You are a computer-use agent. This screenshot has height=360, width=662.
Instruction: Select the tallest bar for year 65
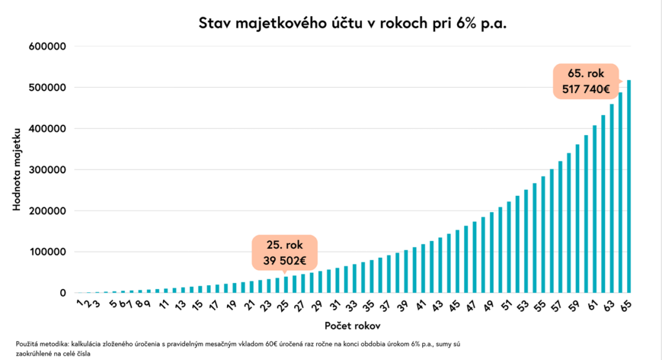629,187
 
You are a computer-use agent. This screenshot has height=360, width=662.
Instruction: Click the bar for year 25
286,285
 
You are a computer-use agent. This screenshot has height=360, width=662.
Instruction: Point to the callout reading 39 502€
286,252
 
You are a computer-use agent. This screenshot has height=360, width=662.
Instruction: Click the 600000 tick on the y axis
48,47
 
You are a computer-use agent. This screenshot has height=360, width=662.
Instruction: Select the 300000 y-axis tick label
48,170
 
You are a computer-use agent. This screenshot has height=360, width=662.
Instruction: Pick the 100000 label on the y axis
48,252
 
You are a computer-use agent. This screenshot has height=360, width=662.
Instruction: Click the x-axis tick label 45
455,304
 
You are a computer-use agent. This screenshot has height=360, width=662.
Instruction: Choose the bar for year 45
457,262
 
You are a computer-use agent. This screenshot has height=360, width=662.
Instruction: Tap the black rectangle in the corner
592,342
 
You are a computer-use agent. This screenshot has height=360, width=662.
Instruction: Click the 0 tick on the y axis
63,293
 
